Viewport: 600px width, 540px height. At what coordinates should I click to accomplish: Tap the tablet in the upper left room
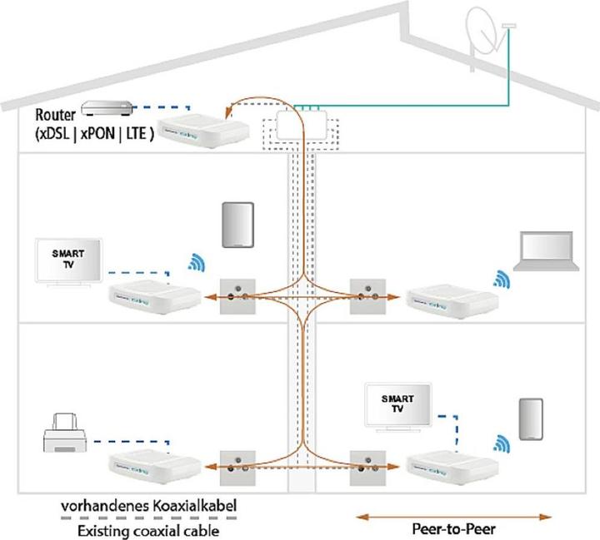coord(237,224)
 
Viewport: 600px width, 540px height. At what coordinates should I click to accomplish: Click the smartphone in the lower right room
coord(531,419)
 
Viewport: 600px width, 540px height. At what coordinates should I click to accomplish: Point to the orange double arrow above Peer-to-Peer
coord(453,515)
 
